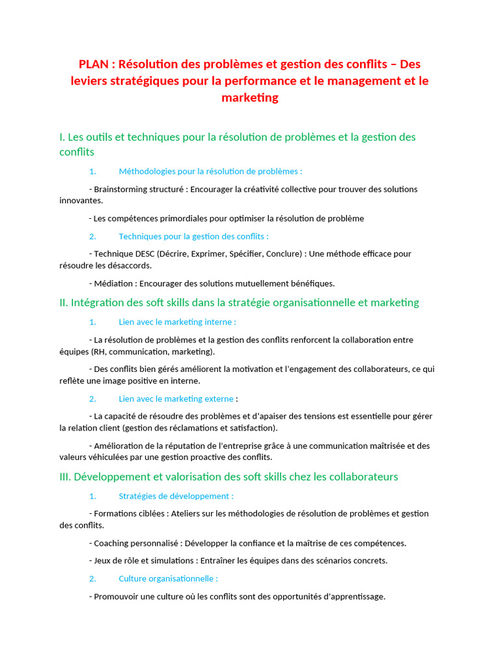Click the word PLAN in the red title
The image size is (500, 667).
(94, 64)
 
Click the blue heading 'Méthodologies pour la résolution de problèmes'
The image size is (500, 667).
(210, 171)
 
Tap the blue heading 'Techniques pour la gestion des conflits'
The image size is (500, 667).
(193, 236)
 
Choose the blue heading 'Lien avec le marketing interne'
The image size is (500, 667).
(176, 322)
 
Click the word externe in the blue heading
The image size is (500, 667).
(219, 399)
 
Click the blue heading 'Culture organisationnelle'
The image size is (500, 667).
(167, 578)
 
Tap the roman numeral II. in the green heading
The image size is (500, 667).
(64, 303)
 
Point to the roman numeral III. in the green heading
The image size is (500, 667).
(65, 477)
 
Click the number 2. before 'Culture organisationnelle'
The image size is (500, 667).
(92, 578)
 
